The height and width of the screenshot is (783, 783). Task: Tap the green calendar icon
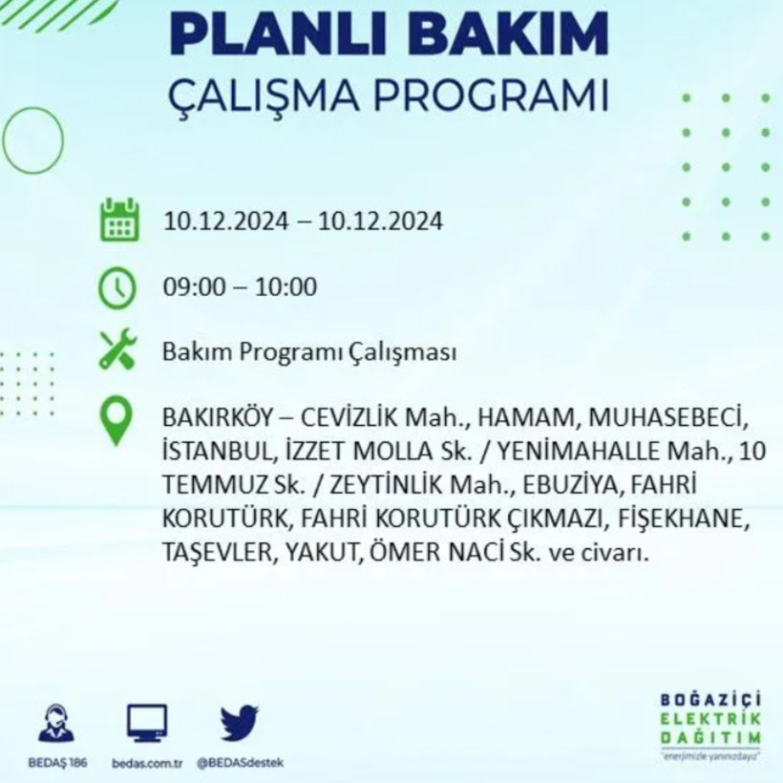coord(119,220)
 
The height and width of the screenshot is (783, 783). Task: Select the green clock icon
coord(117,288)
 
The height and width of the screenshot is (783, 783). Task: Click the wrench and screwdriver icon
coord(118,350)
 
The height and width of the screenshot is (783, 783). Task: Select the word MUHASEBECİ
coord(665,418)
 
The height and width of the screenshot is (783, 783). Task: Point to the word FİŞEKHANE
coord(679,518)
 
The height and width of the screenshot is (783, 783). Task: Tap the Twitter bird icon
coord(239,724)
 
